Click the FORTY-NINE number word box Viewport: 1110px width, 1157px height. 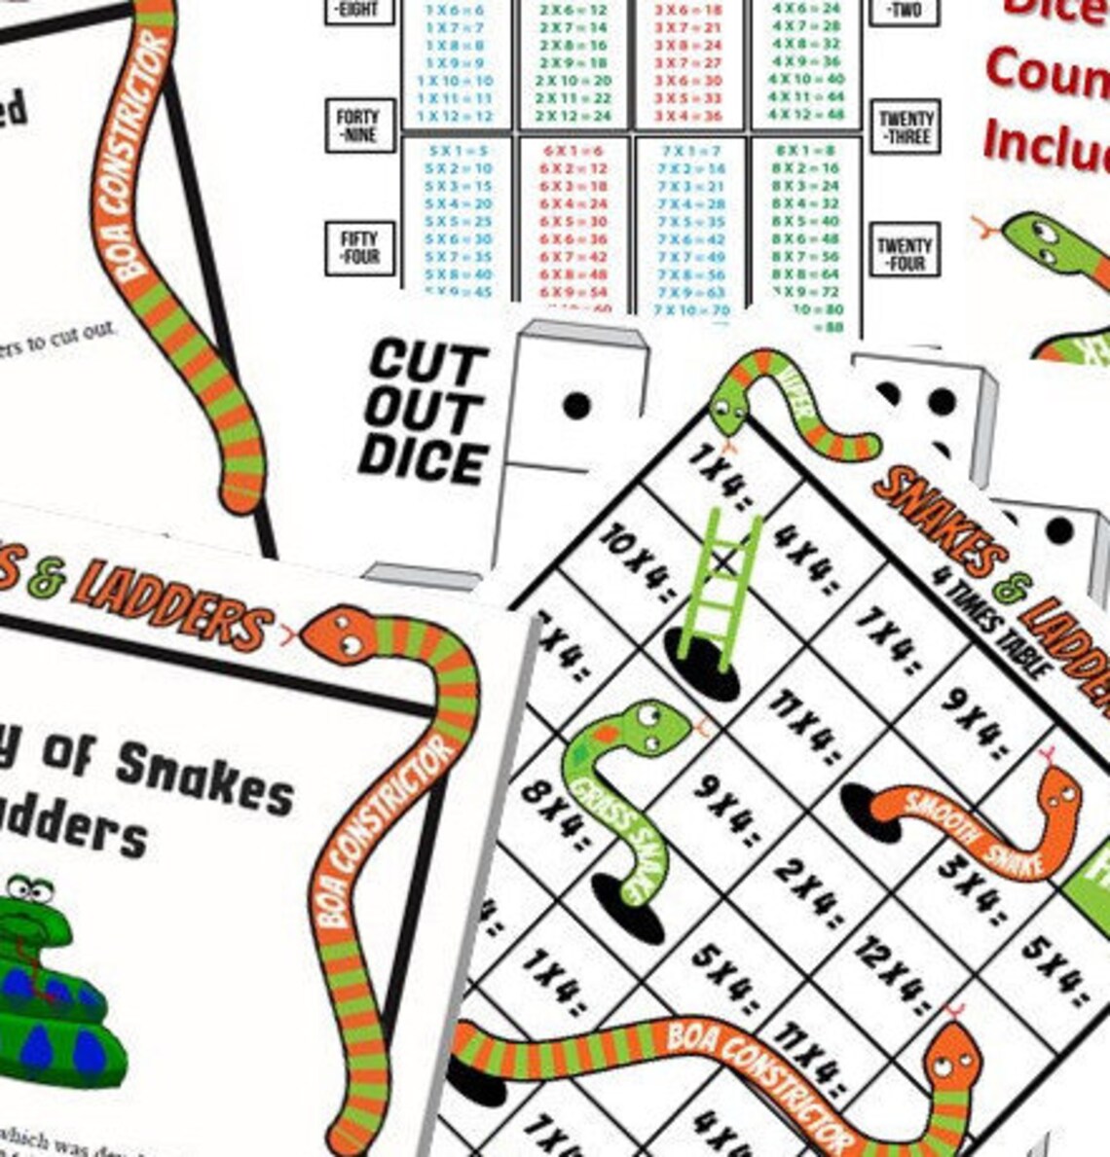point(357,126)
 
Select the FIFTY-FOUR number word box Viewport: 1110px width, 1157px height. point(357,247)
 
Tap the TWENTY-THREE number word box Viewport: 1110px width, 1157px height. point(905,127)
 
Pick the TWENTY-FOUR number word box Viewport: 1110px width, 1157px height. point(905,253)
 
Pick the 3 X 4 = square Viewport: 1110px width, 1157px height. point(975,889)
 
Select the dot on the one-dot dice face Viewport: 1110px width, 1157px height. point(576,405)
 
